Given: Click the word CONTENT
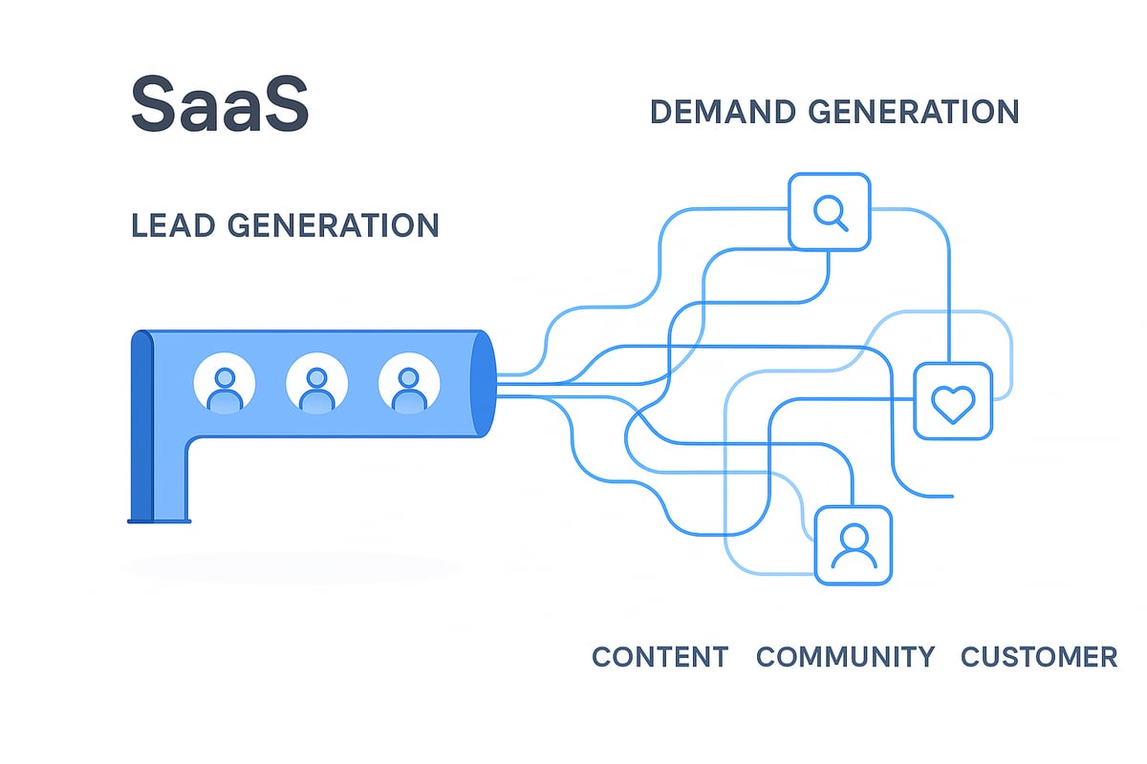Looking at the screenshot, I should tap(660, 657).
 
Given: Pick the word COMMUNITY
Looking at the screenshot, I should tap(845, 657).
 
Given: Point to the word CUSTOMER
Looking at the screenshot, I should tap(1038, 657).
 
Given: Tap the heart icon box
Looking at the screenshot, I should tap(952, 401).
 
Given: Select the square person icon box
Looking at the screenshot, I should tap(853, 543).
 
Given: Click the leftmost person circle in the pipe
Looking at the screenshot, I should tap(225, 384).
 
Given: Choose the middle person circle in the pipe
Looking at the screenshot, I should tap(316, 384).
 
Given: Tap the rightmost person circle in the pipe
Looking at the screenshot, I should tap(409, 384).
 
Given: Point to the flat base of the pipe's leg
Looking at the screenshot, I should tap(160, 520).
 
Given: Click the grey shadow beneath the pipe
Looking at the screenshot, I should tap(287, 568).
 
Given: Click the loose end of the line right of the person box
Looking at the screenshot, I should tap(952, 497).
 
